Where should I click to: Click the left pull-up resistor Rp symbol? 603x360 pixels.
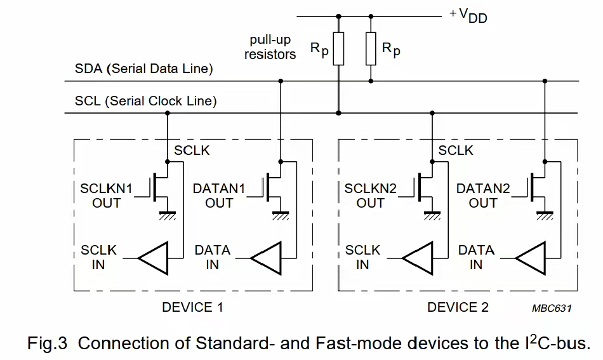coord(338,49)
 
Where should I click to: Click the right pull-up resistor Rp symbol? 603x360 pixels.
coord(371,49)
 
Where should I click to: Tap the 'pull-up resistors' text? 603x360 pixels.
coord(270,48)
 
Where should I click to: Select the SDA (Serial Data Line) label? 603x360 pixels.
coord(143,69)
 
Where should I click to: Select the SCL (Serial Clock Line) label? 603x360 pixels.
coord(145,101)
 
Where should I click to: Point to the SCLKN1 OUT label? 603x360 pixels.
coord(106,196)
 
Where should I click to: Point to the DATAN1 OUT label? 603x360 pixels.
coord(218,196)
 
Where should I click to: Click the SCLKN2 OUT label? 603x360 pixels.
coord(370,196)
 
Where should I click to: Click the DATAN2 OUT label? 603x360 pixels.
coord(483,196)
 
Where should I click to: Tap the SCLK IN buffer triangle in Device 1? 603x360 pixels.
coord(153,258)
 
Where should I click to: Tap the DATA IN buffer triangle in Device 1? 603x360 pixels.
coord(265,258)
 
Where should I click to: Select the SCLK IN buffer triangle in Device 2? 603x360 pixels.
coord(418,258)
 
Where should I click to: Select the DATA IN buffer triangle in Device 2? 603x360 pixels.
coord(530,258)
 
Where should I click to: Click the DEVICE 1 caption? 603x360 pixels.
coord(192,307)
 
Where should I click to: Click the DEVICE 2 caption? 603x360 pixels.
coord(458,307)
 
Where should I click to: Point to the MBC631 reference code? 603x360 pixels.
coord(552,309)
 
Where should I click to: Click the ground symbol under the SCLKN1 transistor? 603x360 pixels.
coord(167,215)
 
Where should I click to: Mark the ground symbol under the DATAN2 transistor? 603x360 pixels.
coord(544,215)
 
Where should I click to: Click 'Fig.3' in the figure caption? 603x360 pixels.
coord(47,343)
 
